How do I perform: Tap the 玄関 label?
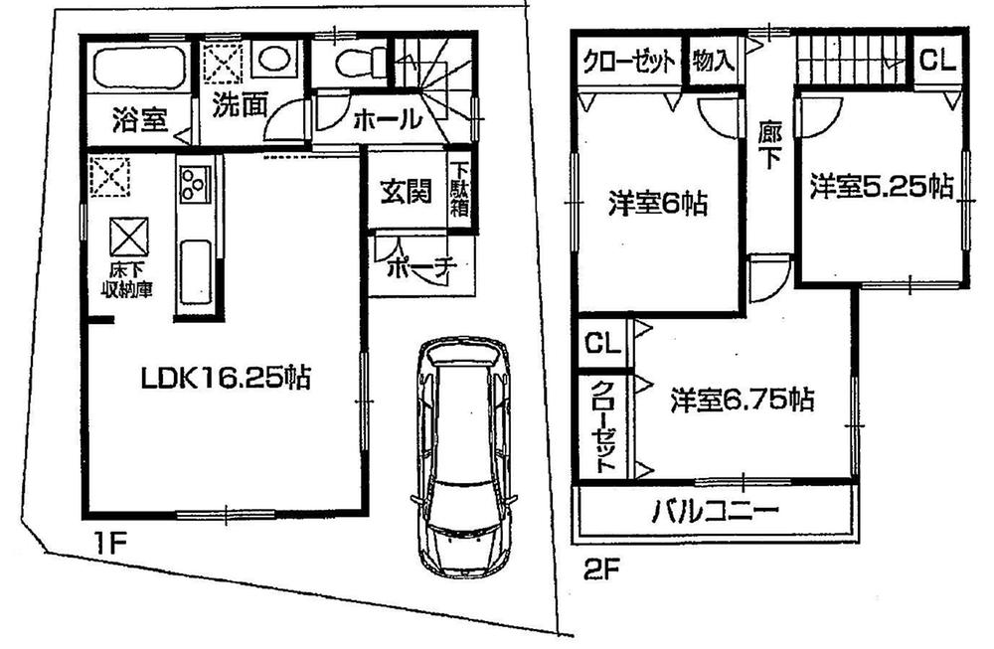pos(406,191)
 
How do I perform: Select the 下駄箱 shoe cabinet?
pos(460,189)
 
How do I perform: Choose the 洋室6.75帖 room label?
pos(742,400)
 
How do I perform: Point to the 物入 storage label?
pos(713,61)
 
